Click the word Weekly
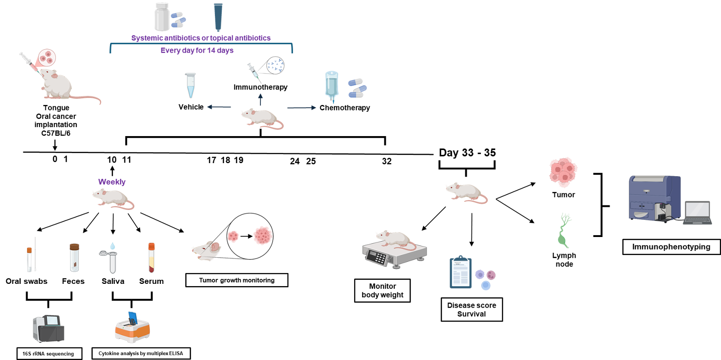(112, 182)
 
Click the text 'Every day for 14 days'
(197, 50)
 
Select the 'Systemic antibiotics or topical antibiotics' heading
(201, 38)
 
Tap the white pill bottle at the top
(162, 17)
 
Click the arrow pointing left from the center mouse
(219, 107)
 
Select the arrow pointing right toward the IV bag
(301, 108)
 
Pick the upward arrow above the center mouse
(260, 99)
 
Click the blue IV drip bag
(332, 86)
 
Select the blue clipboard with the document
(461, 273)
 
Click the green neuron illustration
(564, 230)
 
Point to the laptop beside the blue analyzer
(698, 213)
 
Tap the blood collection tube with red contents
(151, 258)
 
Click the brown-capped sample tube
(74, 258)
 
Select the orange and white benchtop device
(132, 329)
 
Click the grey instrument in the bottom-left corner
(48, 328)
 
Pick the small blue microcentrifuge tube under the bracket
(191, 85)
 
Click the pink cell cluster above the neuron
(563, 172)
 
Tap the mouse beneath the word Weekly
(113, 199)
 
